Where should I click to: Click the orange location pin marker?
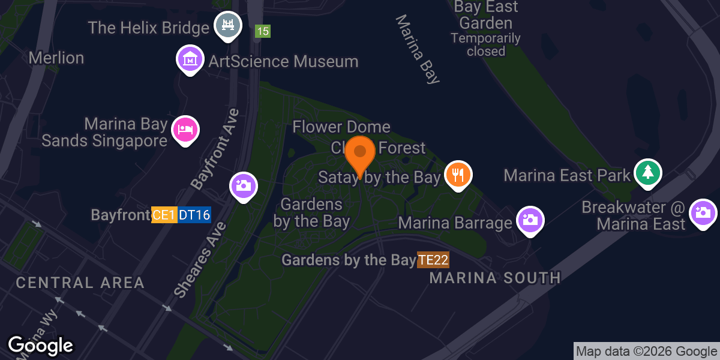coord(360,154)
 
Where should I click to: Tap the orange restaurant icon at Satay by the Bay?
coord(458,175)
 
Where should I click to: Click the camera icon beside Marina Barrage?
coord(530,219)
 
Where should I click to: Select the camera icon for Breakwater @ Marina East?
coord(702,212)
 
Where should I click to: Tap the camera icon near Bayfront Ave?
coord(244,185)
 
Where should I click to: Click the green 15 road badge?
coord(262,31)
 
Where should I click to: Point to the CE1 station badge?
coord(164,215)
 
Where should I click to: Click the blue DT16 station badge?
coord(194,215)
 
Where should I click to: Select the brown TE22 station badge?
coord(433,260)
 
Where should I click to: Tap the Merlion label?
coord(56,58)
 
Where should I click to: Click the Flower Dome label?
coord(341,127)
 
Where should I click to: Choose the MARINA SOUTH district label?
coord(495,278)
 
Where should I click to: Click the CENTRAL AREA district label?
coord(80,283)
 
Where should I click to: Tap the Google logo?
coord(40,346)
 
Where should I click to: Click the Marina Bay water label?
coord(418,49)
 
